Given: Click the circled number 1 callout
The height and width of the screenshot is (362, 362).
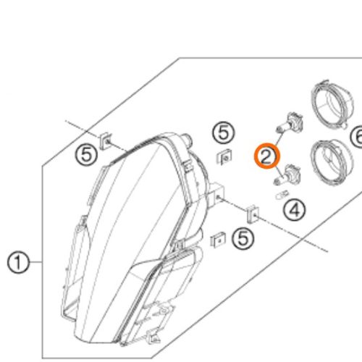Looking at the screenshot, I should coord(19,261).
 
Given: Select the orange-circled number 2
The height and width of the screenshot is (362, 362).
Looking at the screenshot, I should coord(266,156).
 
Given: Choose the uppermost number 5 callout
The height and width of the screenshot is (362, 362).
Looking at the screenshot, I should coord(223,133).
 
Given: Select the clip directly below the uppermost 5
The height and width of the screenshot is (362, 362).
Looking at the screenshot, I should coord(224,156).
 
